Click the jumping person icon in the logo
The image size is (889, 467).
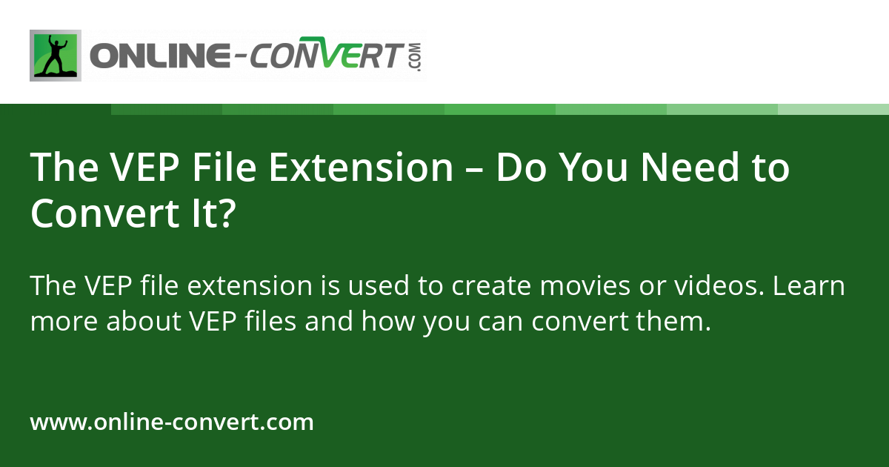(x=56, y=56)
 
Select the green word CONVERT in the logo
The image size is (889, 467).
(x=326, y=56)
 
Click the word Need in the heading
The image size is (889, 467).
(x=689, y=168)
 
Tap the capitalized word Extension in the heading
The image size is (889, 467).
(x=361, y=168)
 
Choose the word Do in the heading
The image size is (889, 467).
(x=519, y=168)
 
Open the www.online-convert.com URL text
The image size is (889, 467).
(x=172, y=423)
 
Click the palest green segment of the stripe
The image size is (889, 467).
(x=833, y=109)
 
